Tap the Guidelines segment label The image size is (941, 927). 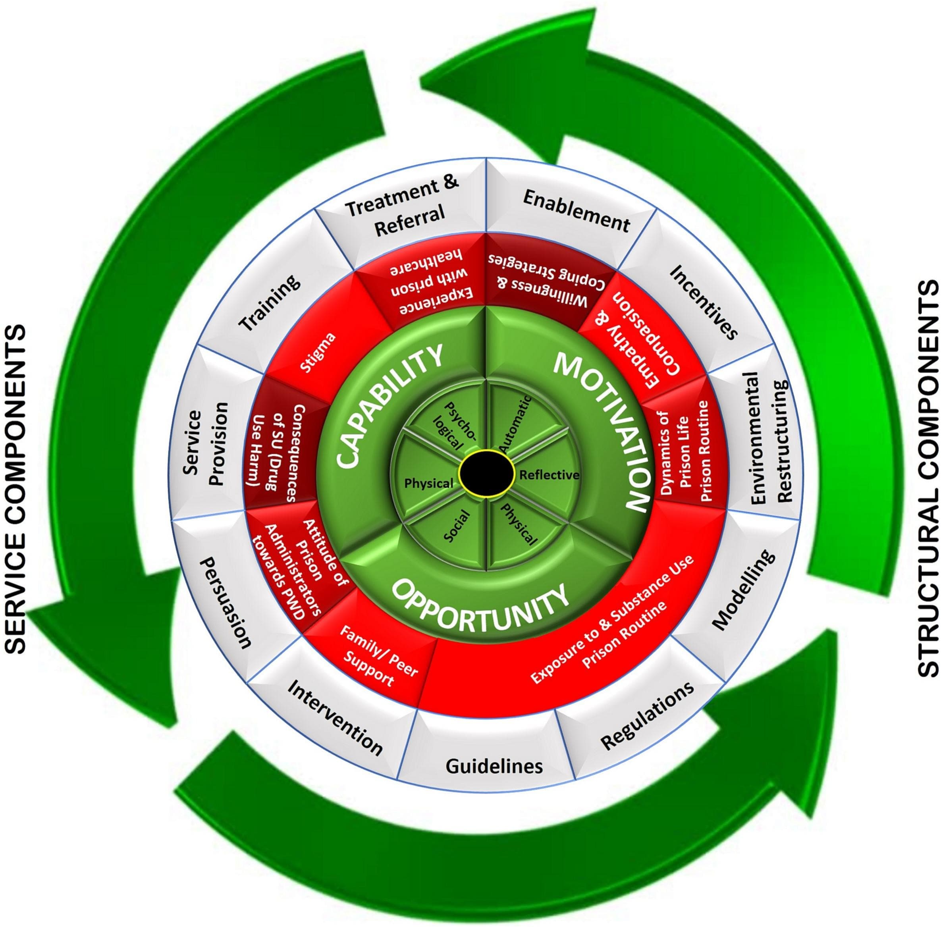coord(494,766)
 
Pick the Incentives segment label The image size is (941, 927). coord(704,301)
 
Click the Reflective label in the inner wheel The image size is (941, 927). coord(549,475)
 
